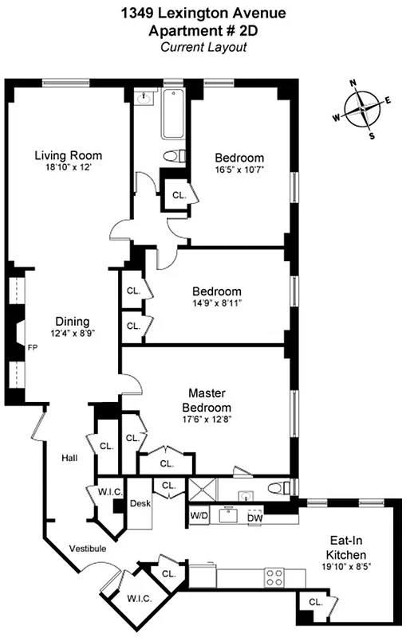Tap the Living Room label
tap(68, 154)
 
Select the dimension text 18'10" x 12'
tap(68, 168)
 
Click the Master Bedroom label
tap(209, 400)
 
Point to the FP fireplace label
tap(33, 348)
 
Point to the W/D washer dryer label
tap(199, 516)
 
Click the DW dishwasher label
tap(254, 518)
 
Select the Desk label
tap(140, 504)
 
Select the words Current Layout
tap(203, 47)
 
